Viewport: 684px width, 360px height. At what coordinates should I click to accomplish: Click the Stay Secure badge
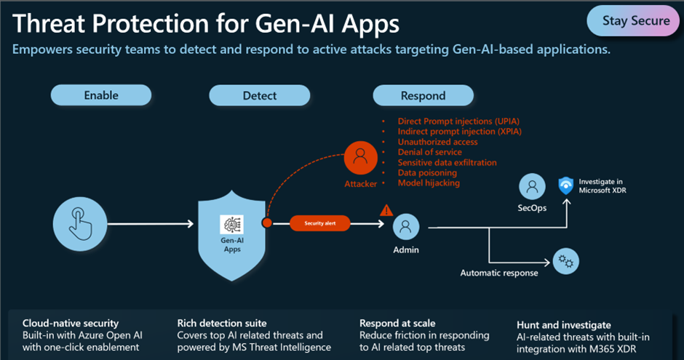(635, 21)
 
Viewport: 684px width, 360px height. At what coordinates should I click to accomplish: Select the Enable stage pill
(100, 95)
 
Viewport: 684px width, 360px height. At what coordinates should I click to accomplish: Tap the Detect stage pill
(259, 95)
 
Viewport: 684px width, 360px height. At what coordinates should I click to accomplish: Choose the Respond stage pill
(423, 95)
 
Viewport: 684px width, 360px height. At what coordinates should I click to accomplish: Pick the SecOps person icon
(533, 187)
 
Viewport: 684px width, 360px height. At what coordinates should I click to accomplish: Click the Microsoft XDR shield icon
(565, 185)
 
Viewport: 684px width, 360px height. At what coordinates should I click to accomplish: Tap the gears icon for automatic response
(565, 261)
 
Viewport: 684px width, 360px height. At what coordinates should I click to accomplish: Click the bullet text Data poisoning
(427, 173)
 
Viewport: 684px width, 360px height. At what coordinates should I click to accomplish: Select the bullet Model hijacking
(429, 183)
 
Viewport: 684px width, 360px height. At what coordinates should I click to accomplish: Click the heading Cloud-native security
(71, 323)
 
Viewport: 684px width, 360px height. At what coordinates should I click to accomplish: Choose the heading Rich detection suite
(223, 323)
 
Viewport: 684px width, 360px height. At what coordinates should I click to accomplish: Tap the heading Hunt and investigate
(563, 324)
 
